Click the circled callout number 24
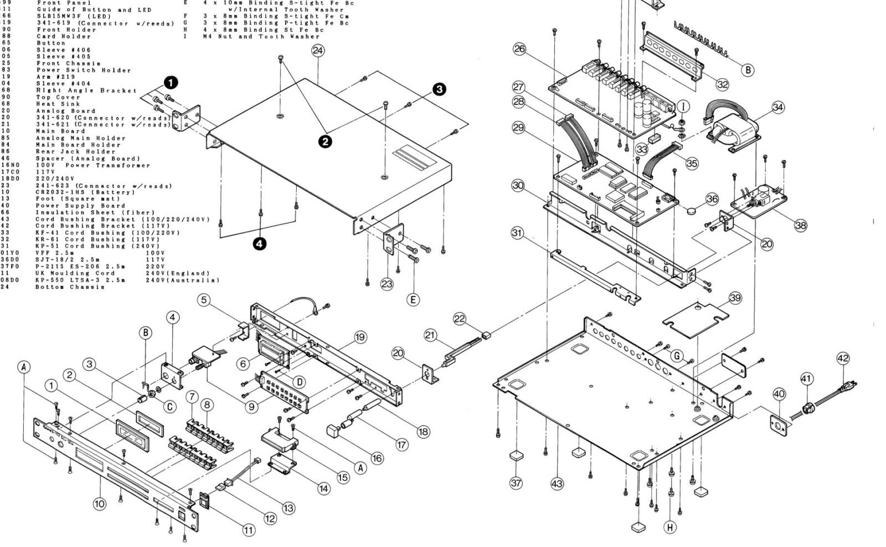pos(318,50)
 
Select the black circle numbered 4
pos(260,243)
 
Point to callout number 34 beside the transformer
pos(778,107)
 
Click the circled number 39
pos(735,298)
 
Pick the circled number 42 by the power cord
pos(843,359)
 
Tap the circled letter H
pos(670,527)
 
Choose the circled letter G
pos(677,356)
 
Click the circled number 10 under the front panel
pos(99,504)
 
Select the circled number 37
pos(516,483)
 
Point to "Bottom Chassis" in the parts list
pos(70,287)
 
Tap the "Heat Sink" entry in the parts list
pos(58,104)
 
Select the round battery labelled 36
pos(692,211)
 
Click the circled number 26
pos(519,49)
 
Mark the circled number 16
pos(377,458)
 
